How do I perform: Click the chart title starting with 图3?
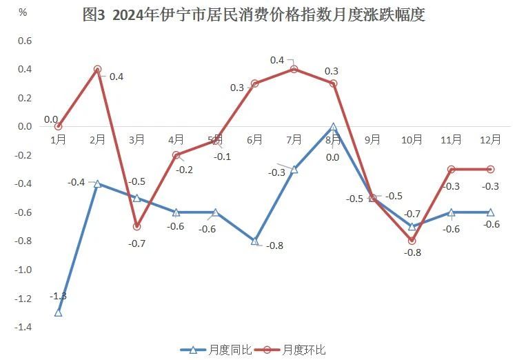pos(253,14)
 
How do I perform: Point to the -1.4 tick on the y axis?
pos(24,326)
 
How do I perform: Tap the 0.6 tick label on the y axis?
pos(25,41)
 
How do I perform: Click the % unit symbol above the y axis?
pos(23,12)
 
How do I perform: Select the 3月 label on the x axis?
pos(136,139)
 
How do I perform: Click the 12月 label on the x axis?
pos(490,139)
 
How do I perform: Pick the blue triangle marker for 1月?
pos(59,312)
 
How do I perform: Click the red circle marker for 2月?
pos(98,70)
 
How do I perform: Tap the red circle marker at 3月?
pos(137,226)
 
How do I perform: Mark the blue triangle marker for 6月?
pos(255,241)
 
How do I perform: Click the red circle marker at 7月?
pos(294,70)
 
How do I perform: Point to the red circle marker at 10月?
pos(412,241)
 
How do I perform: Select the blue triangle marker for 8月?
pos(334,127)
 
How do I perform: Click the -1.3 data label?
pos(58,296)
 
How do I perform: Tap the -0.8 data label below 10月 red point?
pos(413,253)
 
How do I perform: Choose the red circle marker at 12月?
pos(491,169)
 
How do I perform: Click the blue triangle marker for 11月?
pos(452,212)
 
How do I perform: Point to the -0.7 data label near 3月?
pos(137,243)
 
